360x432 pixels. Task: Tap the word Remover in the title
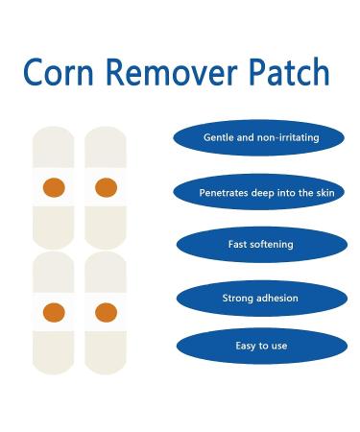pos(169,74)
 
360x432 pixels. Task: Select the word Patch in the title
pos(285,74)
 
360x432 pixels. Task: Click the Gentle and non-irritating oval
pos(260,138)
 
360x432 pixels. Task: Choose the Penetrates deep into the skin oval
pos(260,192)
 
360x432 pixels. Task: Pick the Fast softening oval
pos(260,245)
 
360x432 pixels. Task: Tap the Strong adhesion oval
pos(260,298)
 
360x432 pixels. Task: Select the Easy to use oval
pos(260,346)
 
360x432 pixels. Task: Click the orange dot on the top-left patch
pos(55,185)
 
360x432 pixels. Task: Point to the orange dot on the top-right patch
pos(106,185)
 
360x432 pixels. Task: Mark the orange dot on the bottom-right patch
pos(106,309)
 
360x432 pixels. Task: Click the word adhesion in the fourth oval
pos(277,298)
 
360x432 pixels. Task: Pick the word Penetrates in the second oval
pos(222,192)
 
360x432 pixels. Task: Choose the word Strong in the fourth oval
pos(238,298)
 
